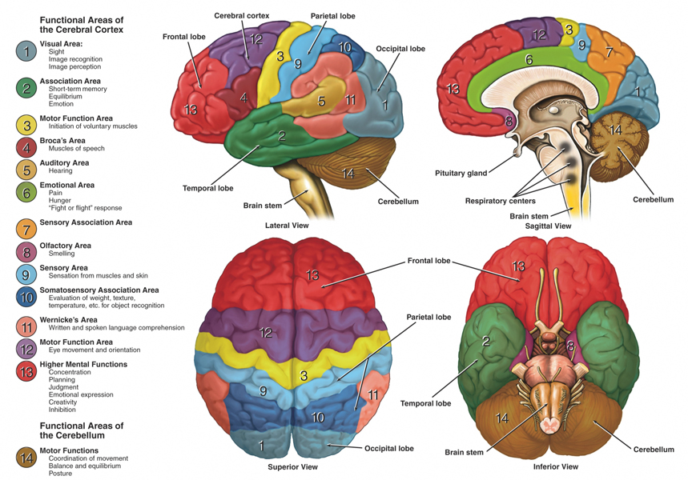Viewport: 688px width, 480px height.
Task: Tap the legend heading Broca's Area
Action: pos(64,140)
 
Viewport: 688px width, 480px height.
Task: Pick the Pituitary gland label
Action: pos(461,172)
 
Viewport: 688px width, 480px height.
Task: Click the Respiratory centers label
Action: pos(500,201)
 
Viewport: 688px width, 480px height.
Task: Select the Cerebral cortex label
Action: pos(241,15)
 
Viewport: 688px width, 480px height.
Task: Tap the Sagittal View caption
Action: pos(548,226)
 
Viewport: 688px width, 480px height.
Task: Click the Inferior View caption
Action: pos(555,466)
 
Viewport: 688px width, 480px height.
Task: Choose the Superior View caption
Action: pos(292,466)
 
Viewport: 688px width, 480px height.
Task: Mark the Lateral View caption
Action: pos(286,226)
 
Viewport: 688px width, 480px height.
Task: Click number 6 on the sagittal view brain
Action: pos(529,59)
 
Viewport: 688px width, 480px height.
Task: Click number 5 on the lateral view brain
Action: pos(321,101)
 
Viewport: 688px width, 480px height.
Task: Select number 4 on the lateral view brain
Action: pos(243,98)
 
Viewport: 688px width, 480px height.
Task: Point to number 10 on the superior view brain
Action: pos(318,417)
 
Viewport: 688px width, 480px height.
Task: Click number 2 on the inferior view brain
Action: pos(485,342)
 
